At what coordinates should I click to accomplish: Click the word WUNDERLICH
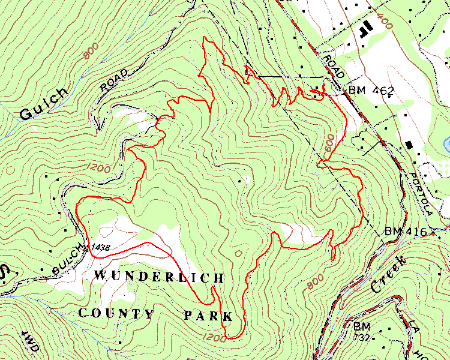159,277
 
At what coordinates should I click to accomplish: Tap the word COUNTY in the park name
117,313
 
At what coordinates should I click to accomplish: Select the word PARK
208,315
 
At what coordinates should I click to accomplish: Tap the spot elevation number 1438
100,247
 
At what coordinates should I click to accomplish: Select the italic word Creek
388,275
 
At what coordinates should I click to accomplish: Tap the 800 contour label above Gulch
91,53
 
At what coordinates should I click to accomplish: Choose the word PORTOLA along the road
422,195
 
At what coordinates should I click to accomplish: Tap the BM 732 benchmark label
362,332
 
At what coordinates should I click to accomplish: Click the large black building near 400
364,28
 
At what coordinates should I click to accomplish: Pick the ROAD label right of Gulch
115,80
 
